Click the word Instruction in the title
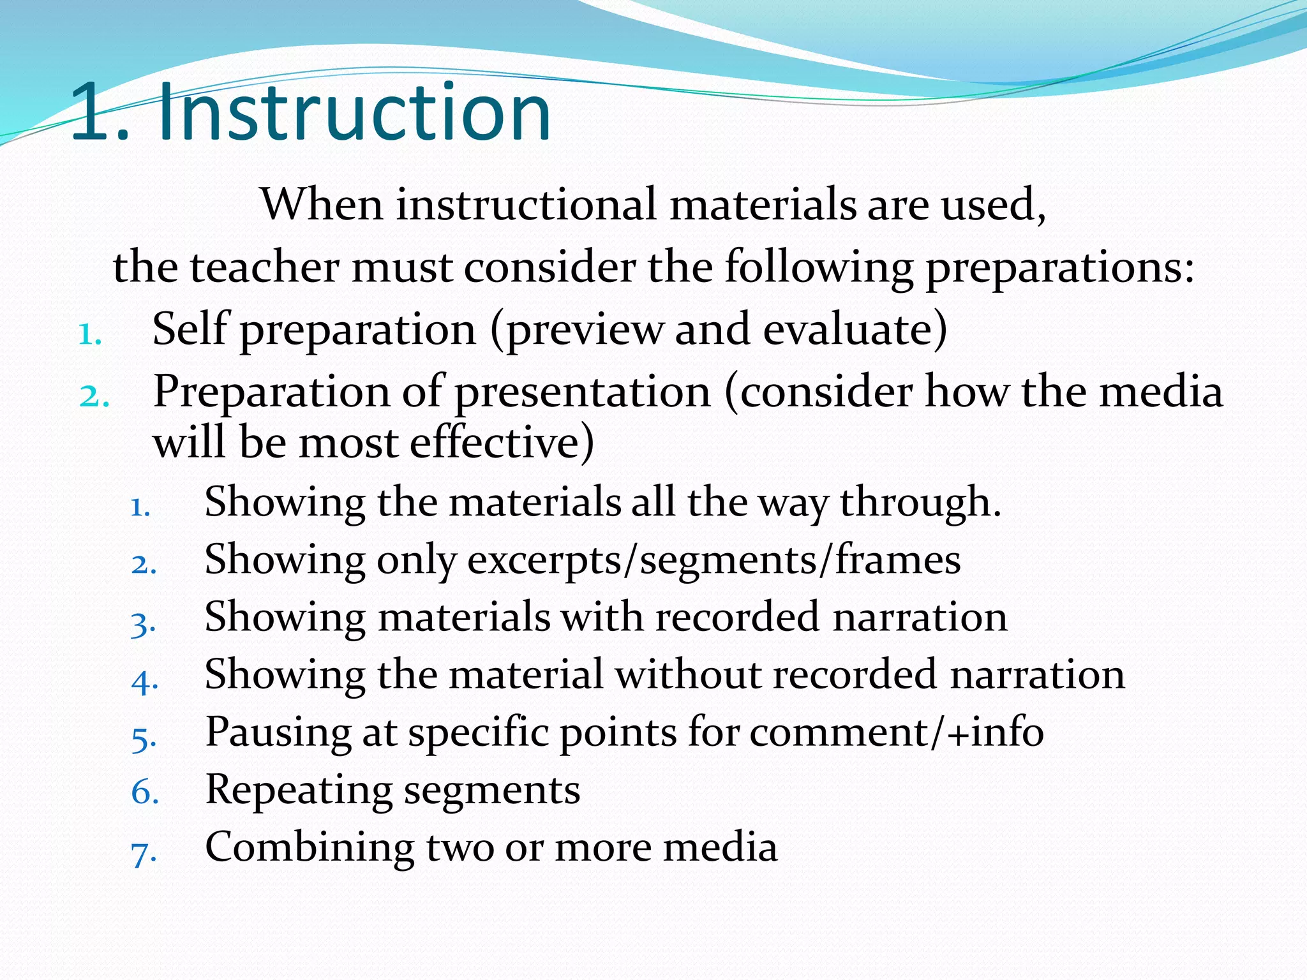click(354, 114)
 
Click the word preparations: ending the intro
click(1059, 269)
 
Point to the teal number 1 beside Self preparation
click(89, 334)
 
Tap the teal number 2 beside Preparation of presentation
click(93, 396)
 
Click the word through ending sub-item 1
click(919, 503)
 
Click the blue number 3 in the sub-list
click(143, 623)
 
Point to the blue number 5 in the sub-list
click(143, 739)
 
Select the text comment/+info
click(896, 732)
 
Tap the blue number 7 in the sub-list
click(143, 854)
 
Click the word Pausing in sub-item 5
click(278, 732)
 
